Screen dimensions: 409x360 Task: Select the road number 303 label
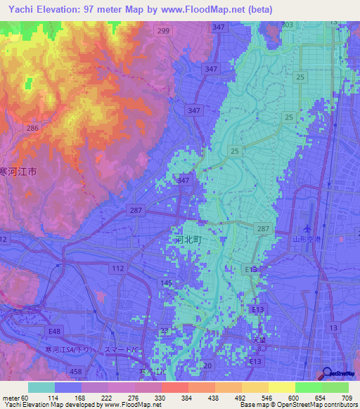(x=287, y=25)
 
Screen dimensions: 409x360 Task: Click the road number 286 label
(x=31, y=129)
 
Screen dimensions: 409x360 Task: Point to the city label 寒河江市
(x=18, y=171)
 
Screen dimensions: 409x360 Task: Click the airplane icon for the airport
(x=307, y=228)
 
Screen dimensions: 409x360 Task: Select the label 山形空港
(x=307, y=240)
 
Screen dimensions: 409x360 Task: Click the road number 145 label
(x=167, y=283)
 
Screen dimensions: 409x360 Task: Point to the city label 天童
(x=259, y=340)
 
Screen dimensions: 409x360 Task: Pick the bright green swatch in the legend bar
(x=308, y=387)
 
